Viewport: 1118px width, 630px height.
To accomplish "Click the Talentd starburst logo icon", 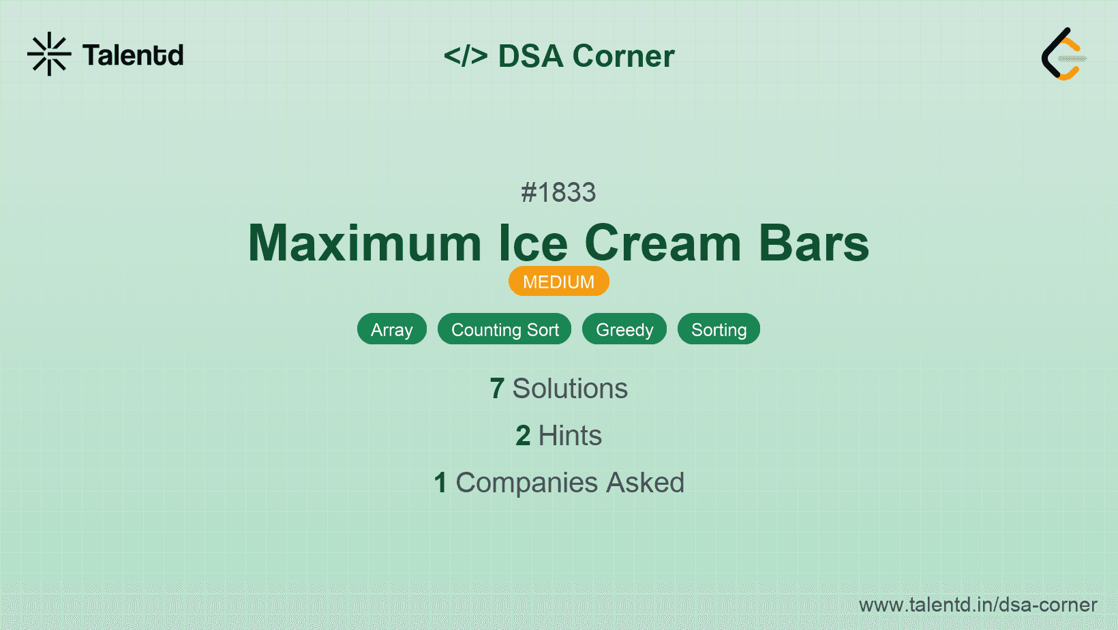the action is (49, 54).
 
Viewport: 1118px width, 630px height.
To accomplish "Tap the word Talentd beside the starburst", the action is (133, 55).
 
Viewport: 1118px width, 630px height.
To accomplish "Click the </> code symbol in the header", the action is (466, 55).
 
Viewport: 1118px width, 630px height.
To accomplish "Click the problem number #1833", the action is (558, 192).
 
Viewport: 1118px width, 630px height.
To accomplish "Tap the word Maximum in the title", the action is (365, 243).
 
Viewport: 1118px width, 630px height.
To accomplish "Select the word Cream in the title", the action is (663, 243).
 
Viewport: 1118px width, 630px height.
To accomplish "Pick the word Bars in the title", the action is (814, 243).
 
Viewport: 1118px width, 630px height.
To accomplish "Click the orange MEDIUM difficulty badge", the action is (558, 282).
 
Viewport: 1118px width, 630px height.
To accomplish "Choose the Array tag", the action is (392, 329).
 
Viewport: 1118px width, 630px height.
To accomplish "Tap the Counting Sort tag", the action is (504, 329).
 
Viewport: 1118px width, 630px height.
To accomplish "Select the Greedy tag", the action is (624, 329).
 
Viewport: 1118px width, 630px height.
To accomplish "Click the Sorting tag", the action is (719, 329).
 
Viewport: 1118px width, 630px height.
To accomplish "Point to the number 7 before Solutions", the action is (496, 389).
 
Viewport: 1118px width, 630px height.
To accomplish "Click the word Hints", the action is (570, 435).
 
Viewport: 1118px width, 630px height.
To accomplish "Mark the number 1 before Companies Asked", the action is (440, 482).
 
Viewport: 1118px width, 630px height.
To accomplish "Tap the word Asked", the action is (646, 482).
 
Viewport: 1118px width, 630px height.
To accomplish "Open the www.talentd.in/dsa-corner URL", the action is (978, 605).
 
